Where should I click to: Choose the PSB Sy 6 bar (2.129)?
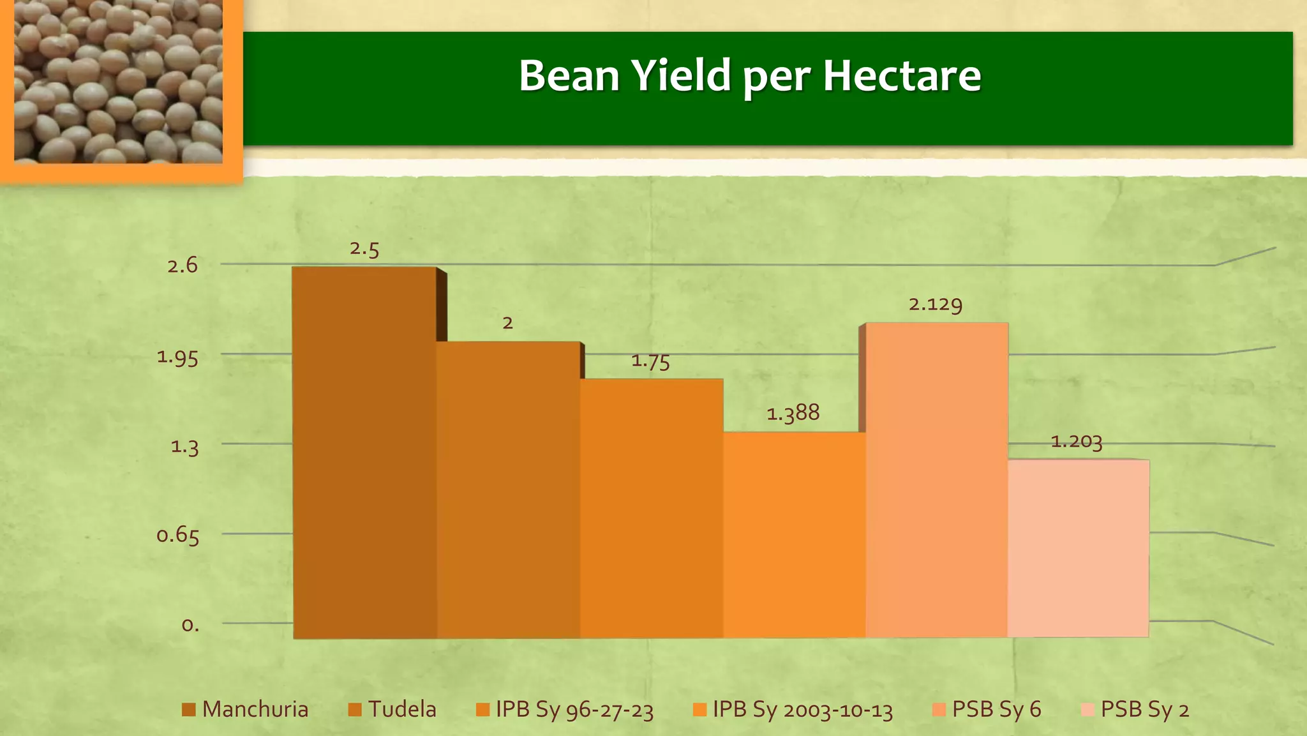[937, 479]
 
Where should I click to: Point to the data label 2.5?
[364, 249]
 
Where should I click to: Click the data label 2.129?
[936, 304]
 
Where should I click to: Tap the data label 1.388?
[793, 414]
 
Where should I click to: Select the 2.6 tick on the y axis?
[183, 266]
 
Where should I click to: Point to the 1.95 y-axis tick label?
[177, 357]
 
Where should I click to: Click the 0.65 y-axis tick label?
[177, 535]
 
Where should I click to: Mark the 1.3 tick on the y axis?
[184, 446]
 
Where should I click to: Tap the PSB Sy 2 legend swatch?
[1088, 709]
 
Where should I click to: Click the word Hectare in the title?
[901, 75]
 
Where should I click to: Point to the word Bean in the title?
[569, 75]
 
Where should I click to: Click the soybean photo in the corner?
[118, 81]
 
